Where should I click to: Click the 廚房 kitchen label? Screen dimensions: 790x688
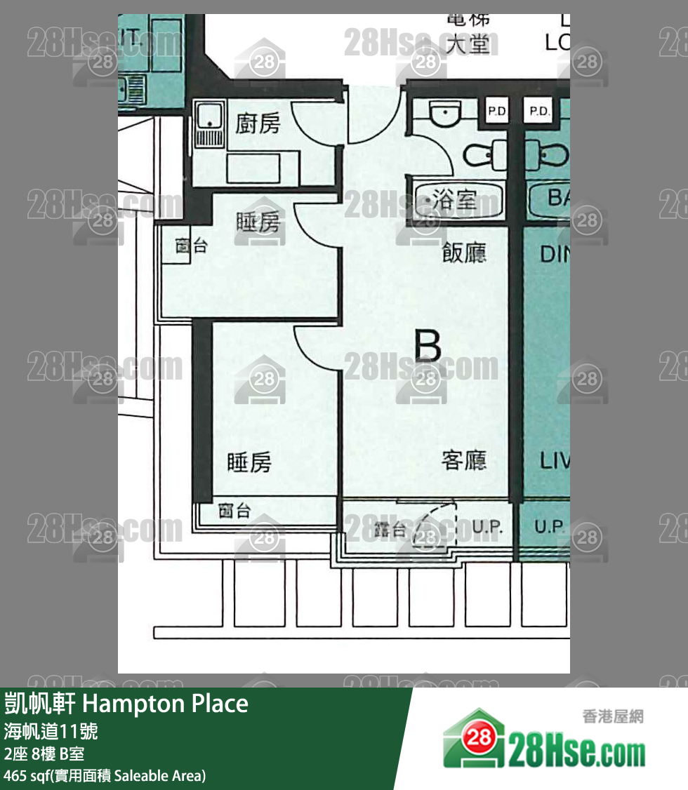point(257,123)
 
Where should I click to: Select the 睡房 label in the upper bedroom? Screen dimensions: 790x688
point(257,222)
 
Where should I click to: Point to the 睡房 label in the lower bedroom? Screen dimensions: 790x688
point(249,462)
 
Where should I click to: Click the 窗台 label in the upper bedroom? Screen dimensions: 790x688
point(191,246)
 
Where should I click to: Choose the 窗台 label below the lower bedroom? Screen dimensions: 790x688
point(234,511)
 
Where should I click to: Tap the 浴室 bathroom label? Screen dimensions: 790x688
point(457,201)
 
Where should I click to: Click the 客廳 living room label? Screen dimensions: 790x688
point(464,460)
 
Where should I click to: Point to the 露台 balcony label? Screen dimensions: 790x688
point(390,530)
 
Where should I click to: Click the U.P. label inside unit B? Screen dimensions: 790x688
point(486,528)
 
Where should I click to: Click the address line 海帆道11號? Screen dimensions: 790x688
point(51,732)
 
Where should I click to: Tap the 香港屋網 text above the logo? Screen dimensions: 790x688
point(612,716)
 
